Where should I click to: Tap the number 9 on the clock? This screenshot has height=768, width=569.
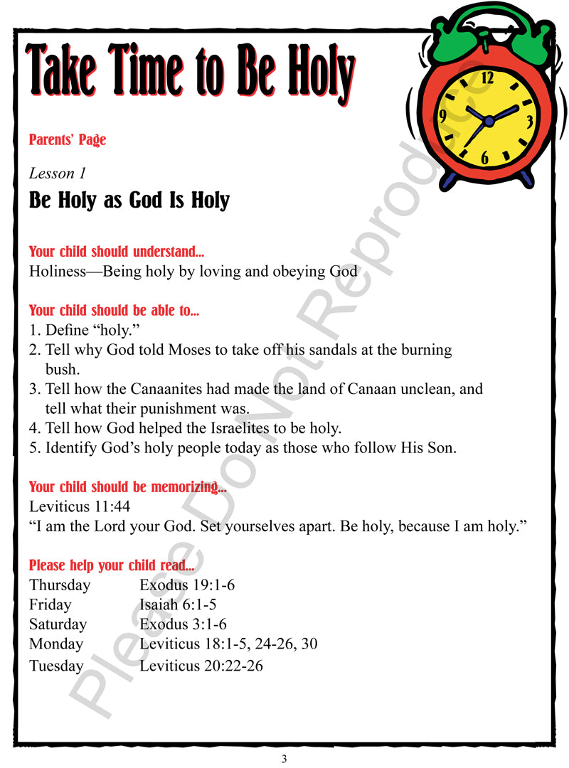pos(442,116)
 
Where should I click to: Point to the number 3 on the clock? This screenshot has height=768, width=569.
pos(529,122)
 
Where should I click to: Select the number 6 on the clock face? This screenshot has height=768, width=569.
pos(484,159)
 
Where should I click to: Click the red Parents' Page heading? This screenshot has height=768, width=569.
pos(68,140)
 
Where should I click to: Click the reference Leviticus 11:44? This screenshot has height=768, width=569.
pos(80,506)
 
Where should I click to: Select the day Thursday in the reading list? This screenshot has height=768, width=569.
pos(60,585)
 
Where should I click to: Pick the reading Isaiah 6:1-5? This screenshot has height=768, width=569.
pos(178,605)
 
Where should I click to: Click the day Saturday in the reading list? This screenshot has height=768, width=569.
pos(58,624)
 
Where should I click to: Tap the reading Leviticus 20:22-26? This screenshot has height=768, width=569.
pos(201,666)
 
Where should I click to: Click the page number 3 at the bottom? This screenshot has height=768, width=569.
pos(284,759)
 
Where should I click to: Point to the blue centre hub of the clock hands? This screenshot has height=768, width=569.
pos(489,122)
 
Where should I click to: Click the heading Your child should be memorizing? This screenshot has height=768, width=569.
pos(128,487)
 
